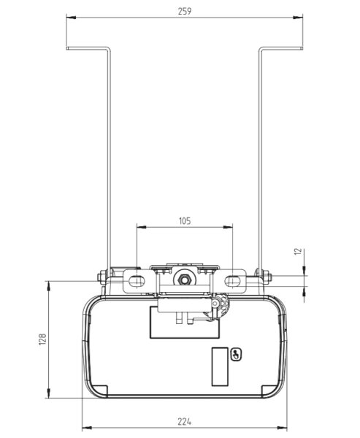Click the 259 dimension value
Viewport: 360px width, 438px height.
tap(184, 11)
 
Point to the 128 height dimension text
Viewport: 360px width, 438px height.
tap(42, 339)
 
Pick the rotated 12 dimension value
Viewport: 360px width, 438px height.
tap(296, 251)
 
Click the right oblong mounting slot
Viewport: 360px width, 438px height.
tap(234, 279)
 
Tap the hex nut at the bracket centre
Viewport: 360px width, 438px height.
tap(184, 278)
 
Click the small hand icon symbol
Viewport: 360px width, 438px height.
tap(236, 356)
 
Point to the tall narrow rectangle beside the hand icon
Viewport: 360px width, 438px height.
tap(221, 366)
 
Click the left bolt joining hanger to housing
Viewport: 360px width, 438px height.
tap(101, 277)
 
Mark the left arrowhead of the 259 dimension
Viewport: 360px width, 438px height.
tap(69, 19)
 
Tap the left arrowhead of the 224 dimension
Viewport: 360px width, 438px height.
tap(84, 428)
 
